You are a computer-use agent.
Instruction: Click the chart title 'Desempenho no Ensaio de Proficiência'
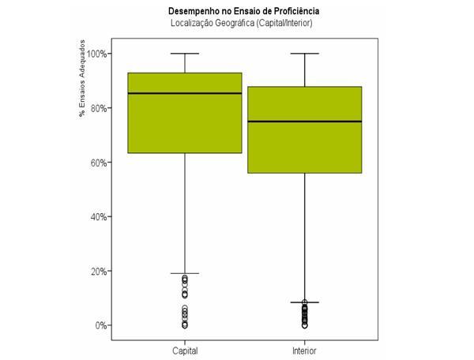pyautogui.click(x=244, y=11)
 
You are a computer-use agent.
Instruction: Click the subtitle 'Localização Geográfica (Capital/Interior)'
pyautogui.click(x=244, y=23)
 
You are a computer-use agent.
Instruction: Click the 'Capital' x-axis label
pyautogui.click(x=184, y=350)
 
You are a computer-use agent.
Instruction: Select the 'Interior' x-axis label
pyautogui.click(x=305, y=350)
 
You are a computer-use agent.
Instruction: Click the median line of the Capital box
pyautogui.click(x=184, y=93)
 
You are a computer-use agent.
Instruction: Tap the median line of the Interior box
pyautogui.click(x=305, y=122)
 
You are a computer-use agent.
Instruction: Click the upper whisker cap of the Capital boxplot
pyautogui.click(x=184, y=54)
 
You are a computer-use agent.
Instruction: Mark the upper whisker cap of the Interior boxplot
pyautogui.click(x=305, y=54)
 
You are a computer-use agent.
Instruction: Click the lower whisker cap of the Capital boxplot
pyautogui.click(x=184, y=273)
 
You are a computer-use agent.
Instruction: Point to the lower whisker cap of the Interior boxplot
pyautogui.click(x=305, y=302)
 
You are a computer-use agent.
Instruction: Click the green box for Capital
pyautogui.click(x=184, y=126)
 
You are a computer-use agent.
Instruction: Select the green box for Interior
pyautogui.click(x=305, y=150)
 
